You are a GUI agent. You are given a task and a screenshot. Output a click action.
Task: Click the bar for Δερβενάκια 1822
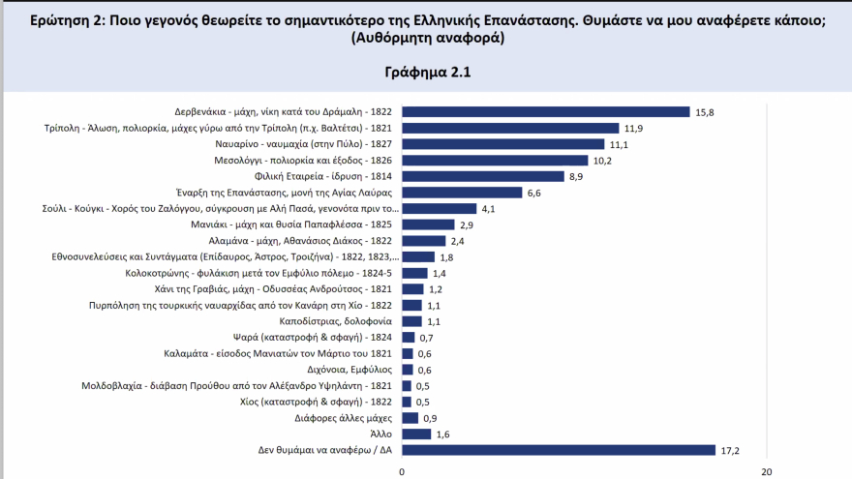coord(545,112)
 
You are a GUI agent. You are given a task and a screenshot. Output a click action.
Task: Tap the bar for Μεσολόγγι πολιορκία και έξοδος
coord(495,161)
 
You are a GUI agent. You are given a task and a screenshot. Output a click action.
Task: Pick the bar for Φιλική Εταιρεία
coord(482,176)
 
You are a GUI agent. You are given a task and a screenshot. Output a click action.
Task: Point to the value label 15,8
coord(705,112)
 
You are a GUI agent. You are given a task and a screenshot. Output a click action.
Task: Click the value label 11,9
coord(634,128)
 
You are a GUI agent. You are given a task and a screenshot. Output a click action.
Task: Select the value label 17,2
coord(730,450)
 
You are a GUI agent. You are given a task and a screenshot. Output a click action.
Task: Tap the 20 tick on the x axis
coord(767,471)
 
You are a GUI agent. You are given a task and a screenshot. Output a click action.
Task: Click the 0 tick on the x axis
coord(402,471)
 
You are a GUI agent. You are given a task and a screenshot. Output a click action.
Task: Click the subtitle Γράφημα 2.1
coord(426,72)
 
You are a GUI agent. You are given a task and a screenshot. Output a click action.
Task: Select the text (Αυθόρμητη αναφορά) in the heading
coord(426,38)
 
